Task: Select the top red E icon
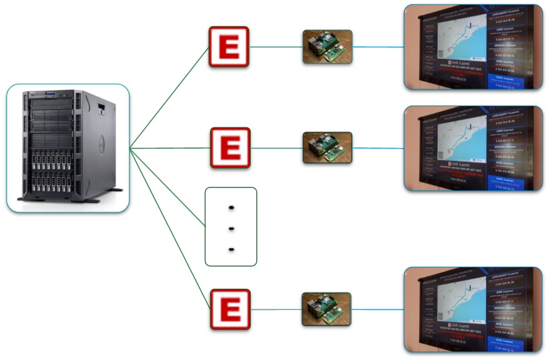click(x=229, y=47)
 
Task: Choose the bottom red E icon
click(x=229, y=309)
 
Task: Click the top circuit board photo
click(x=327, y=47)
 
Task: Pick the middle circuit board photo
click(x=327, y=148)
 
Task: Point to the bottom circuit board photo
click(x=326, y=309)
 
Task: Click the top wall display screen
click(x=473, y=47)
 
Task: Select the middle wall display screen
click(x=473, y=148)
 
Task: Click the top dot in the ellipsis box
click(x=231, y=207)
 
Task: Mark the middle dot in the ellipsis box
click(x=231, y=228)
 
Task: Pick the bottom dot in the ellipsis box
click(x=231, y=249)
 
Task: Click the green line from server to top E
click(x=169, y=97)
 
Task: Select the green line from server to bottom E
click(x=169, y=229)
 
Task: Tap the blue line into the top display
click(x=378, y=47)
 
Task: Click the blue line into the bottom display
click(x=378, y=309)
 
